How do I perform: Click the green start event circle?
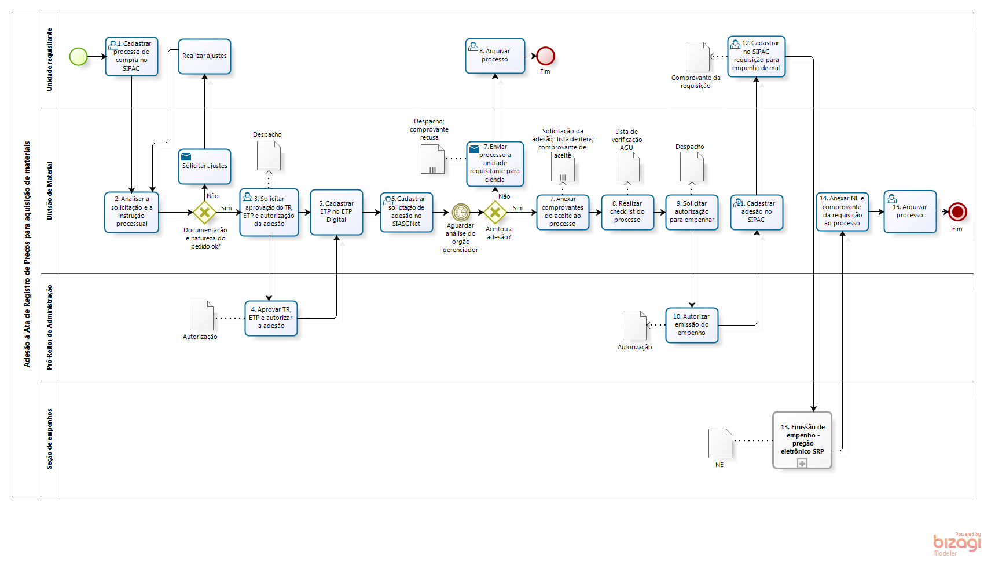pyautogui.click(x=78, y=56)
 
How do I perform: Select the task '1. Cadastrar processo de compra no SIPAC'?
pyautogui.click(x=131, y=56)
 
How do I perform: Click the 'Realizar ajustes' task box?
pyautogui.click(x=204, y=56)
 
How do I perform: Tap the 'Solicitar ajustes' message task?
pyautogui.click(x=204, y=166)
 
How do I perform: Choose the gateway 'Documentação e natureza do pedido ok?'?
pyautogui.click(x=204, y=213)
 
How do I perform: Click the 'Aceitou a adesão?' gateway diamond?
pyautogui.click(x=495, y=213)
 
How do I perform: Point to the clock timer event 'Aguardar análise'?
pyautogui.click(x=461, y=212)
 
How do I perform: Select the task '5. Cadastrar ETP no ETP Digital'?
pyautogui.click(x=336, y=212)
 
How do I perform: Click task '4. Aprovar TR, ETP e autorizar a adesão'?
pyautogui.click(x=271, y=318)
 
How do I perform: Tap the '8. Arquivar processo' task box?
pyautogui.click(x=495, y=56)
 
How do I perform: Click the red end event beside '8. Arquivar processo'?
pyautogui.click(x=545, y=56)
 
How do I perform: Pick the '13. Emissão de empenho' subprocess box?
pyautogui.click(x=802, y=439)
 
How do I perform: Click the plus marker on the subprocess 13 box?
pyautogui.click(x=802, y=463)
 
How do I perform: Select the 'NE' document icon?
pyautogui.click(x=720, y=443)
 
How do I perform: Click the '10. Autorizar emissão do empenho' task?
pyautogui.click(x=692, y=325)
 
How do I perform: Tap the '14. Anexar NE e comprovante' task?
pyautogui.click(x=842, y=211)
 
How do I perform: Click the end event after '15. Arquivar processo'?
pyautogui.click(x=957, y=211)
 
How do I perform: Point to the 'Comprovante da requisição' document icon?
pyautogui.click(x=697, y=56)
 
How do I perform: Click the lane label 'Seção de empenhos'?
pyautogui.click(x=49, y=439)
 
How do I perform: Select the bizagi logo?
pyautogui.click(x=957, y=543)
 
